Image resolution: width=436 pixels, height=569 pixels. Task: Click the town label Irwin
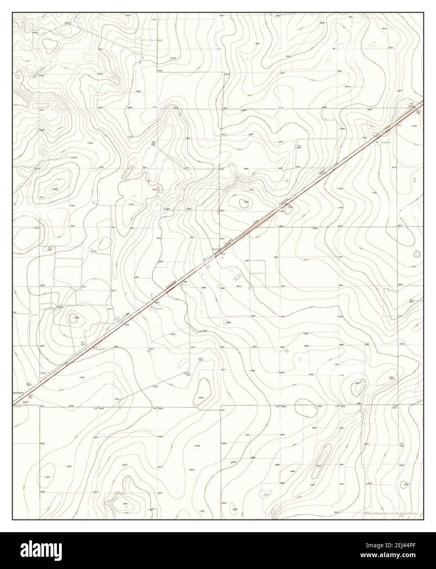(x=215, y=248)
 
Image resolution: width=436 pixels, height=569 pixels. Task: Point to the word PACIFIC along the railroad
(x=281, y=202)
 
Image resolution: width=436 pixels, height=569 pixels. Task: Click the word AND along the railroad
(x=256, y=221)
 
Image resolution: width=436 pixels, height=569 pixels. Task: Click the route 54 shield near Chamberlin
(x=30, y=396)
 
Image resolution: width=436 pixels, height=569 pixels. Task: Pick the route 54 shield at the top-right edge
(x=418, y=112)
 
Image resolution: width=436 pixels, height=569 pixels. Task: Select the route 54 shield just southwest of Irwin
(x=207, y=266)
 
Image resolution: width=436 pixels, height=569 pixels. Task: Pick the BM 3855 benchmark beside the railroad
(x=322, y=172)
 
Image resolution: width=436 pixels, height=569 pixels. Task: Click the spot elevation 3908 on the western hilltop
(x=55, y=189)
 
